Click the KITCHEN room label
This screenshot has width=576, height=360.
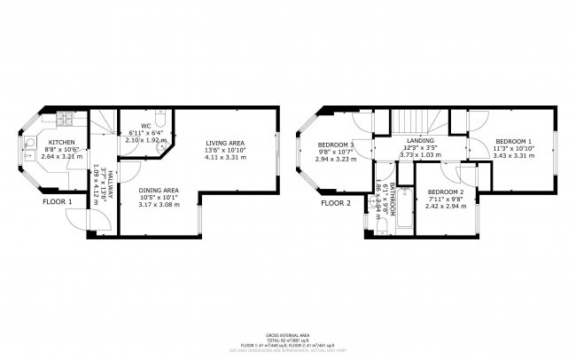point(61,143)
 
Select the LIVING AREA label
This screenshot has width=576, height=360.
point(225,143)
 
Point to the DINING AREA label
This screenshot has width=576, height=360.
point(159,190)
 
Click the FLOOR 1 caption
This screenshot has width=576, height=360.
point(58,202)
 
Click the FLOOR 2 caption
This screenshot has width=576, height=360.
point(336,202)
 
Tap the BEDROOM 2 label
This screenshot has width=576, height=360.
point(445,192)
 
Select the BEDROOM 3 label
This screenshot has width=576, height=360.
point(337,145)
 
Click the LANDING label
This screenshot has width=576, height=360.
point(420,140)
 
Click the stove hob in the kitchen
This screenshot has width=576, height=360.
point(64,118)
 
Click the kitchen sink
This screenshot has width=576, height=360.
point(29,145)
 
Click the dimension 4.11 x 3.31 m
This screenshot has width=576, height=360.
point(225,158)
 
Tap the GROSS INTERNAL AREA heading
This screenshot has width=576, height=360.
point(288,336)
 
